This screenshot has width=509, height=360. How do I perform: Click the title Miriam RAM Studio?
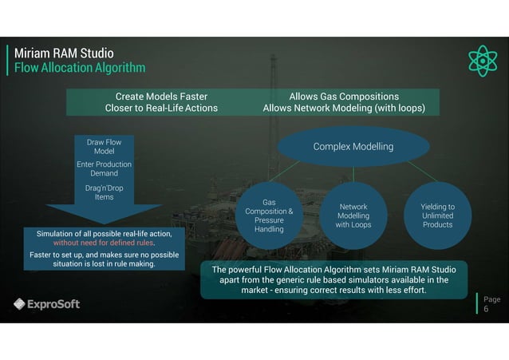(x=64, y=53)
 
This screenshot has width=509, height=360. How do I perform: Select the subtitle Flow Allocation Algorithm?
(x=80, y=68)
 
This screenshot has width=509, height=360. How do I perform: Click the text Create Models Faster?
(x=161, y=96)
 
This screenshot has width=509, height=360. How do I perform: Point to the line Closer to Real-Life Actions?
(x=161, y=108)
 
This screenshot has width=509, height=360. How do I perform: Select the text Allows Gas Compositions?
(x=344, y=96)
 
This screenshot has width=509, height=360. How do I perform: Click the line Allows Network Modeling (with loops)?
(x=344, y=108)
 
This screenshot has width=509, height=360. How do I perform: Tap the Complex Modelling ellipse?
(x=353, y=147)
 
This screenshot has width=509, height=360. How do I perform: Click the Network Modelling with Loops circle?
(x=353, y=216)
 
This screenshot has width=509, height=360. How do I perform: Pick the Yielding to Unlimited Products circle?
(x=437, y=216)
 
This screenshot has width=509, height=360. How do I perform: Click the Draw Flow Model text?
(x=104, y=146)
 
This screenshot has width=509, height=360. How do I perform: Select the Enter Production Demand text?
(x=104, y=168)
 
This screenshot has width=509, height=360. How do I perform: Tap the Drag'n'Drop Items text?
(x=104, y=192)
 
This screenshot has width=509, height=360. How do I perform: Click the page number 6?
(x=487, y=310)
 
